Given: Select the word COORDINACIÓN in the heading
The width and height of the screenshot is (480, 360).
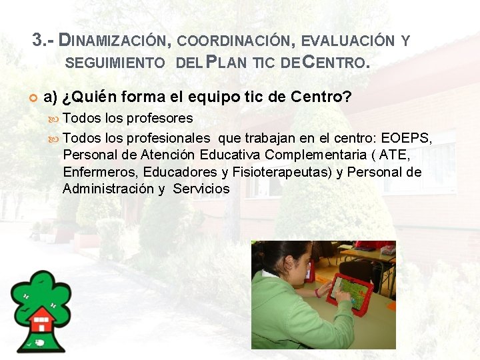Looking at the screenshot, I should point(235,41).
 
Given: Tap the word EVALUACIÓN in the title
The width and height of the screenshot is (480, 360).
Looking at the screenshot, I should point(348,41).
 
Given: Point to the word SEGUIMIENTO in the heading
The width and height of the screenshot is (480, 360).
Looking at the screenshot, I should point(116,64).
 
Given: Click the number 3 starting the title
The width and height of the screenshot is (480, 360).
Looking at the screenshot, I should point(37,40).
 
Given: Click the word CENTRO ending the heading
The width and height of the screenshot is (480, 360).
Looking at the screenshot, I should point(334,63).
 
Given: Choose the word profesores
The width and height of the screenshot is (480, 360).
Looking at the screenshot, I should point(159,119).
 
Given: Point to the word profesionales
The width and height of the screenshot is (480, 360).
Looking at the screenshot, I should point(176,139).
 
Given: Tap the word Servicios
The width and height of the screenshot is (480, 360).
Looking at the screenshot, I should point(201,189).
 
